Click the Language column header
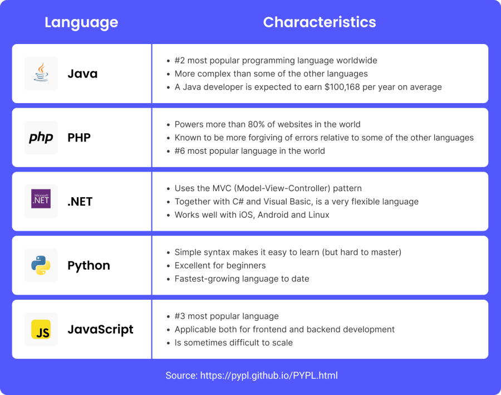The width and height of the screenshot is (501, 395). tap(81, 23)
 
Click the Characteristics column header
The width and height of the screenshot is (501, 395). tap(320, 22)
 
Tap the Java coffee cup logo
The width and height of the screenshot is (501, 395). tap(41, 72)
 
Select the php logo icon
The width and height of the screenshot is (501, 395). tap(41, 138)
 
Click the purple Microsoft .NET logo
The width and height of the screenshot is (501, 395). tap(41, 199)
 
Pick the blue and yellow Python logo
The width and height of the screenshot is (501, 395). tap(41, 265)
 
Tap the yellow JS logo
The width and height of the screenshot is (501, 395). tap(41, 329)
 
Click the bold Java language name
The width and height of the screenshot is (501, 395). tap(82, 74)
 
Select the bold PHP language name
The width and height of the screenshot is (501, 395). tap(79, 138)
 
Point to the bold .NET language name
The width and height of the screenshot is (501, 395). tap(80, 202)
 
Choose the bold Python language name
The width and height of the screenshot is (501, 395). tap(89, 266)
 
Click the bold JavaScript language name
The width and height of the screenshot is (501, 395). tap(100, 329)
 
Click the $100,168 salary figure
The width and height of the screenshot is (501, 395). tap(342, 87)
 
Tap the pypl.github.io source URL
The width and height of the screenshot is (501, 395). tap(269, 376)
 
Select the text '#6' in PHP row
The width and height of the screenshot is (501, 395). tap(180, 151)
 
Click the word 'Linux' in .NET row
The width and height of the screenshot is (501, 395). tap(319, 214)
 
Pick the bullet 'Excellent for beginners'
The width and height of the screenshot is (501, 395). tap(220, 265)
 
